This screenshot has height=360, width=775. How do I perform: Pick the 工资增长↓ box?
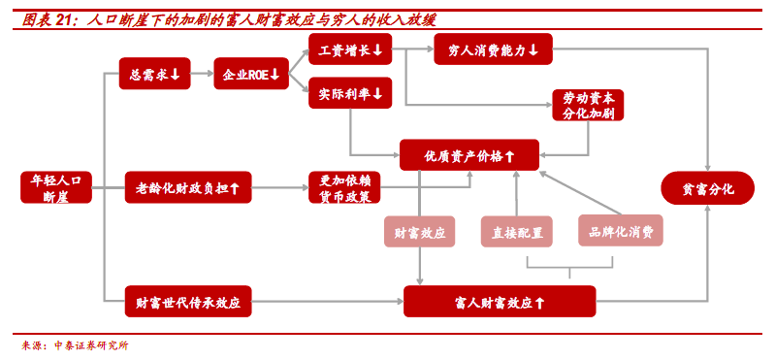tap(349, 49)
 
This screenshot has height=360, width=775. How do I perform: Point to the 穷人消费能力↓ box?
tap(493, 49)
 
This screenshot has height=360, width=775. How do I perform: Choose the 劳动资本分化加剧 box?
tap(587, 105)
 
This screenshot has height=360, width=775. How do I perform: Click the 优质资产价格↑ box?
tap(469, 154)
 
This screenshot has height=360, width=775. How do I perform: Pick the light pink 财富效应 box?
tap(420, 231)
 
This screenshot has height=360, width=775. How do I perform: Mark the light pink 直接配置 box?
tap(516, 231)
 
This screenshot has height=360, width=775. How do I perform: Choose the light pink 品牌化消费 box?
tap(621, 231)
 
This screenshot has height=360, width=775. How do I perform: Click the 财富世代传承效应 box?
tap(188, 302)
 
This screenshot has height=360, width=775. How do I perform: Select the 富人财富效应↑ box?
tap(499, 302)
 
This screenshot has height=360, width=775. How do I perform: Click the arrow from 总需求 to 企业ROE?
tap(201, 74)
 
